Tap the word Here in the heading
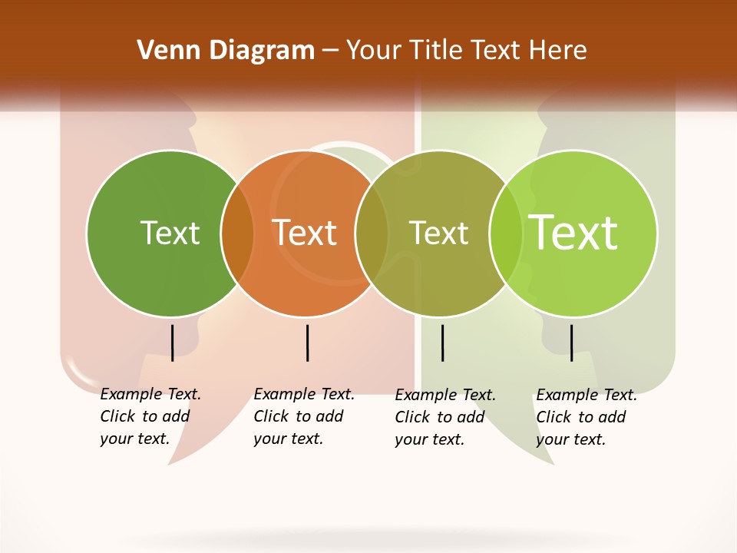(557, 51)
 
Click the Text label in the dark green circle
(170, 233)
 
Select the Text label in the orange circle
(305, 233)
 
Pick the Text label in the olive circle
(438, 233)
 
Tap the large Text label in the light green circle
(573, 233)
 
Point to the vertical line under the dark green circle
(172, 343)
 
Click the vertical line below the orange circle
(307, 343)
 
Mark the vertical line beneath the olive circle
(442, 343)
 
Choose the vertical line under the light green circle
(571, 343)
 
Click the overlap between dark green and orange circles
(237, 233)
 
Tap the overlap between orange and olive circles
(372, 233)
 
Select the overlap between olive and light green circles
(506, 233)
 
